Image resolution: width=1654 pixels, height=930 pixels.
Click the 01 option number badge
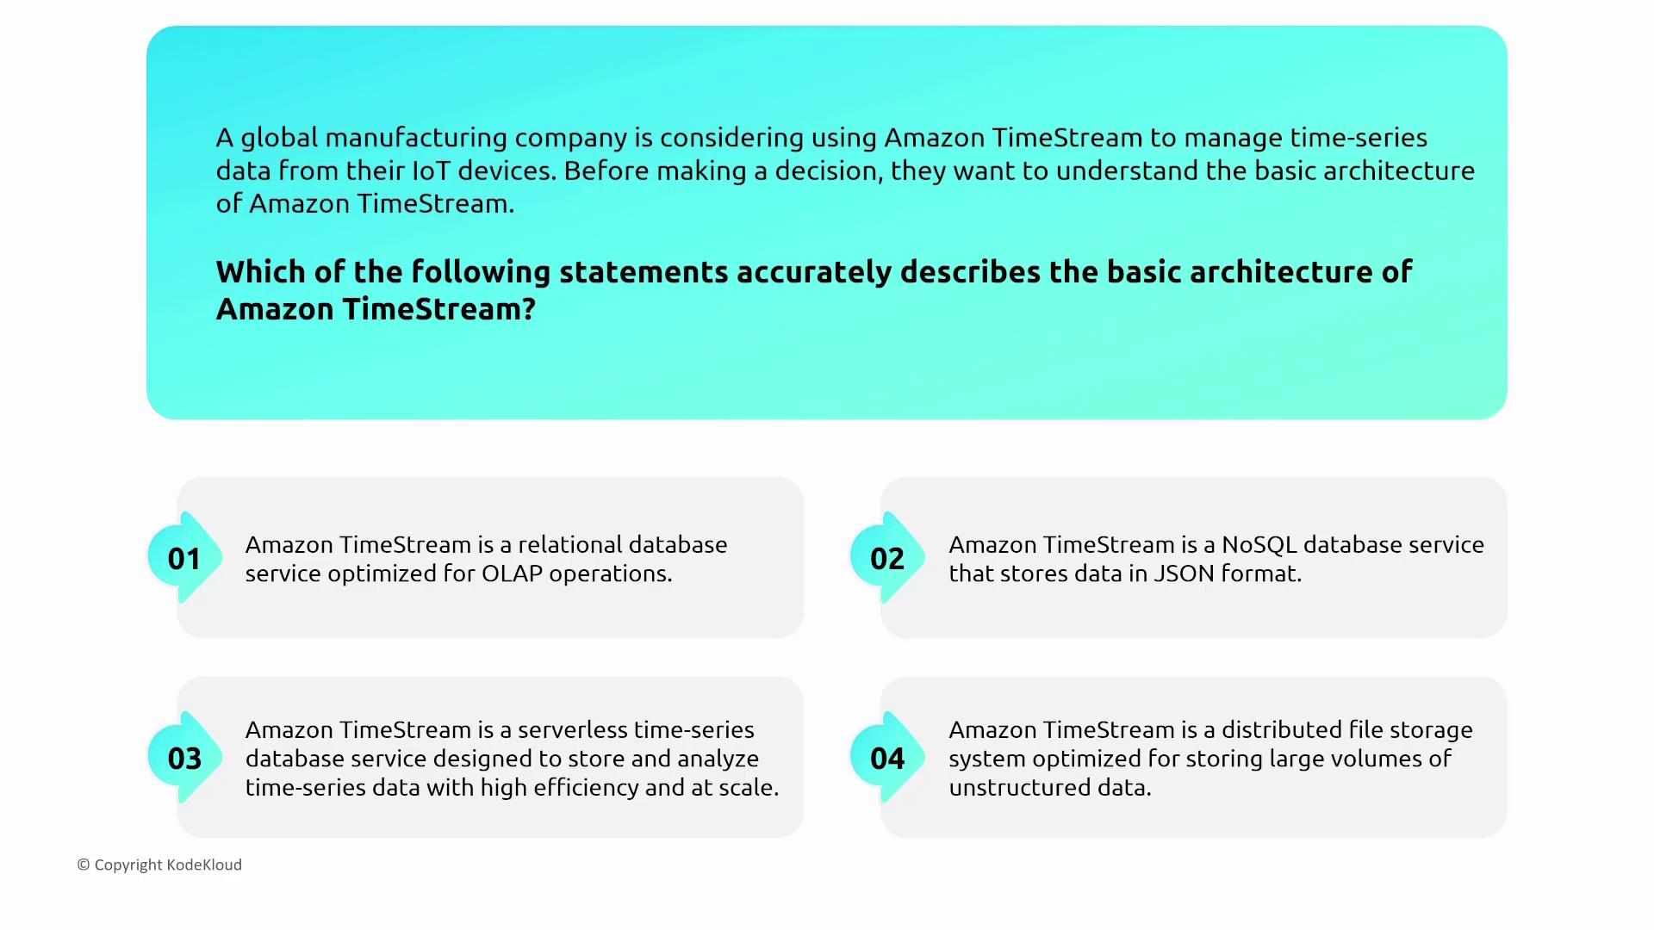click(184, 558)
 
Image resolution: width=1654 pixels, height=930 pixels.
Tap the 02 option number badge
click(887, 558)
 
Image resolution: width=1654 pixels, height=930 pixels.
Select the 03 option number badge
click(184, 758)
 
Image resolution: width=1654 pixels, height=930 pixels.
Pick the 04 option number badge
click(887, 758)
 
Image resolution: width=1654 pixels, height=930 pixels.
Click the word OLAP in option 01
click(512, 573)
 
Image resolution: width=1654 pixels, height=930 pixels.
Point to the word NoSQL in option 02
click(1259, 545)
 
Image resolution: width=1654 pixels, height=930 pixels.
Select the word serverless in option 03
click(572, 730)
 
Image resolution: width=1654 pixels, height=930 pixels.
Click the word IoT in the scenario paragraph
click(431, 170)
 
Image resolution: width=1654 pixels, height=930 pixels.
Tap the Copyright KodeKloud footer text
click(159, 865)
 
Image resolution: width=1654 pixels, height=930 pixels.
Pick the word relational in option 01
click(567, 545)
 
